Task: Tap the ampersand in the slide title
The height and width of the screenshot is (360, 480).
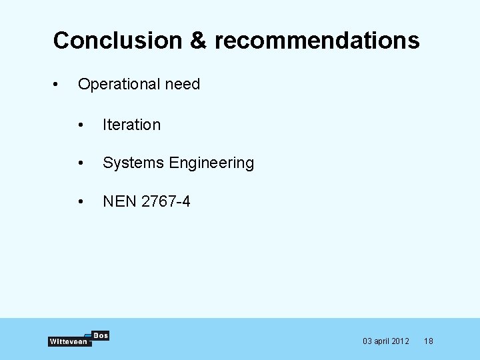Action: [x=198, y=41]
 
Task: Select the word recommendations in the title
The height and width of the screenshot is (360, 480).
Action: [x=317, y=41]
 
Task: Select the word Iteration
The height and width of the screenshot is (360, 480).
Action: [x=131, y=125]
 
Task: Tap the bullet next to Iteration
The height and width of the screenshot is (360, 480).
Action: [x=81, y=125]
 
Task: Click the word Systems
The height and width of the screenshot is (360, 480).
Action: [x=133, y=163]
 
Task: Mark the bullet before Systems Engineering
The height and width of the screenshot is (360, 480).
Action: [x=81, y=163]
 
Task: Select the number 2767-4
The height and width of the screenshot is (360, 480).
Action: [x=165, y=201]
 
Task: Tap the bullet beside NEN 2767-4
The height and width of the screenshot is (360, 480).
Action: [x=81, y=201]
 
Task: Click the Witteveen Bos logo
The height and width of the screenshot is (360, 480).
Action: [x=78, y=339]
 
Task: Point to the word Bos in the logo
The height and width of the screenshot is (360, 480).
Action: [x=100, y=335]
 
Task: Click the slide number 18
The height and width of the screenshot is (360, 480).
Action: [x=429, y=341]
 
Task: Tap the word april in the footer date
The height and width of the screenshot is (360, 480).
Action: [x=383, y=341]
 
